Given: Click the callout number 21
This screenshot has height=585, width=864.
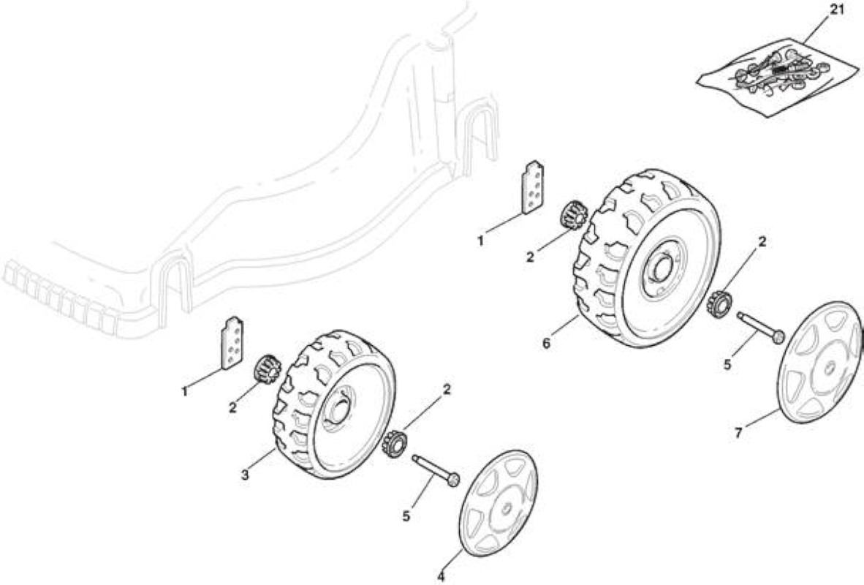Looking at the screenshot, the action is point(836,10).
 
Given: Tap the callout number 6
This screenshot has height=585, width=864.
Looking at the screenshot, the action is point(546,344).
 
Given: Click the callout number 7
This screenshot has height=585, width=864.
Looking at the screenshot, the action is point(738,434).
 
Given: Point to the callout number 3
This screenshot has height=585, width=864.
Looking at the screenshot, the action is point(245,474).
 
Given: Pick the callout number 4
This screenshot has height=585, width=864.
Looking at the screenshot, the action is point(441,577).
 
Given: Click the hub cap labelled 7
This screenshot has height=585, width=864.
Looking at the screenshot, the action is point(819,362).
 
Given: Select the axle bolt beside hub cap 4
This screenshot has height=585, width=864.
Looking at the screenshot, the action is point(436,469).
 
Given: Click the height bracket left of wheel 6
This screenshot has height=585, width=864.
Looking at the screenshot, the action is point(533,187).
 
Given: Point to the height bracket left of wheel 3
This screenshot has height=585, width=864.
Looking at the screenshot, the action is point(232,343).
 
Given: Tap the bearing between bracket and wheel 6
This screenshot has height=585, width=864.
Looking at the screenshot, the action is point(572,216).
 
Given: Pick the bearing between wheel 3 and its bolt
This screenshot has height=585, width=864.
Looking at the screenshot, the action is point(393,445).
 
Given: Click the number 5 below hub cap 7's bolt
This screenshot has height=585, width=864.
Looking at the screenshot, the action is point(727,365).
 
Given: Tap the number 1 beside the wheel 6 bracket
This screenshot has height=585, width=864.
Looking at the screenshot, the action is point(480,241).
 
